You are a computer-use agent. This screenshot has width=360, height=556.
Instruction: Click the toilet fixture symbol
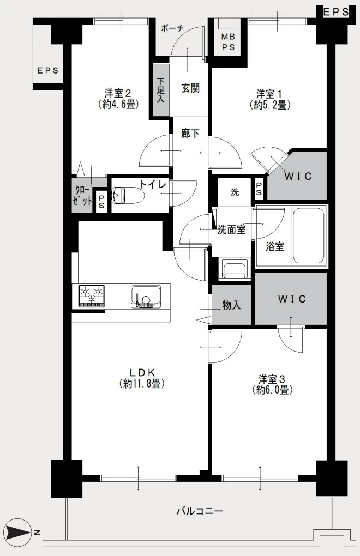128,195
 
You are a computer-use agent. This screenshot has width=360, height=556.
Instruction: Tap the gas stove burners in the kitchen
92,296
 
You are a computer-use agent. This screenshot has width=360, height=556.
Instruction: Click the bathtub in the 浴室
309,235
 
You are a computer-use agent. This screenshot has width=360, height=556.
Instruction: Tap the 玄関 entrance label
190,88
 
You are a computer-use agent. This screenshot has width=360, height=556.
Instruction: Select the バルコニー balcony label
200,511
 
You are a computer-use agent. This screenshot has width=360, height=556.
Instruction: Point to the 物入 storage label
232,305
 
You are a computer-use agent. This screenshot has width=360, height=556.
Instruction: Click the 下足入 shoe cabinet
161,90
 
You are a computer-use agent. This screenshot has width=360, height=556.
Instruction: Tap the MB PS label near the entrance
229,42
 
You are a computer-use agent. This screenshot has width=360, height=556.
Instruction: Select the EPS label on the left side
48,70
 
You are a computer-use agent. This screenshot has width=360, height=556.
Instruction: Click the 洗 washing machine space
235,192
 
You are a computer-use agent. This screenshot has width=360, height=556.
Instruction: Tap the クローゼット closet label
82,195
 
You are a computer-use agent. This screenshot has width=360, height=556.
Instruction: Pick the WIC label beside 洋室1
298,176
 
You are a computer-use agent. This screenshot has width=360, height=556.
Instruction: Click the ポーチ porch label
172,28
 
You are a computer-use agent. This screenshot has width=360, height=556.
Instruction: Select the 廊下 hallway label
190,134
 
